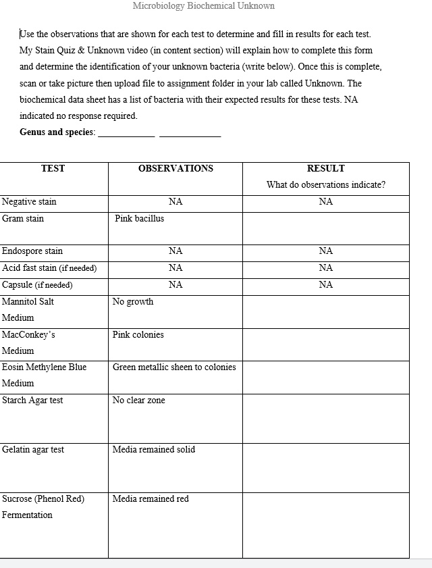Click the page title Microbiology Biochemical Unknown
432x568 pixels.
(x=203, y=6)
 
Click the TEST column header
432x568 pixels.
(x=53, y=169)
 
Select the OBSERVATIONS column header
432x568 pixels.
(x=175, y=169)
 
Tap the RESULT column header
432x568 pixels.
(x=325, y=169)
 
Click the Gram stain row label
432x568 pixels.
(x=23, y=219)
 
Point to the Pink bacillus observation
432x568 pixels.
(x=139, y=219)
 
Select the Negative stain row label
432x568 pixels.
(x=29, y=202)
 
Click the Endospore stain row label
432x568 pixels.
(x=32, y=251)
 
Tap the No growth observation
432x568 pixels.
(x=133, y=302)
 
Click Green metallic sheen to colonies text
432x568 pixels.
(x=174, y=367)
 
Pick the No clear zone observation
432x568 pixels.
(x=139, y=401)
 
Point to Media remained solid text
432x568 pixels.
(x=154, y=450)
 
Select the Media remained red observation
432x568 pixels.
(x=151, y=499)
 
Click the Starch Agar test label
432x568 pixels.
(x=32, y=401)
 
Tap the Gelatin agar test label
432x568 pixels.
(x=33, y=450)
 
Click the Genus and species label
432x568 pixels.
(x=57, y=132)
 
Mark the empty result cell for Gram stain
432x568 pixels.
(x=325, y=228)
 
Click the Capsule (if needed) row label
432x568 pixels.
(x=37, y=285)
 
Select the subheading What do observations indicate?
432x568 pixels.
(x=326, y=185)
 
